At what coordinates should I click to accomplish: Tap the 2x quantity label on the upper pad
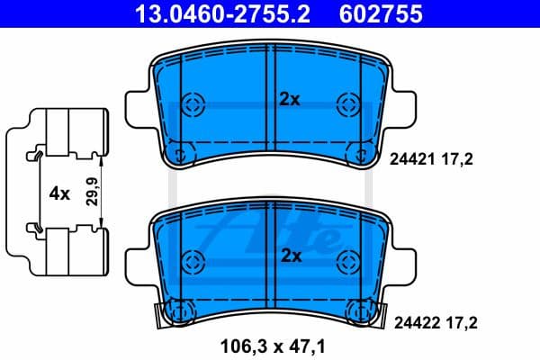(x=289, y=101)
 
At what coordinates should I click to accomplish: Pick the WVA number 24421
(x=407, y=159)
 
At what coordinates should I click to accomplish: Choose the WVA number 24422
(x=407, y=319)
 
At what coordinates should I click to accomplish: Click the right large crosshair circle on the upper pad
(x=346, y=103)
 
